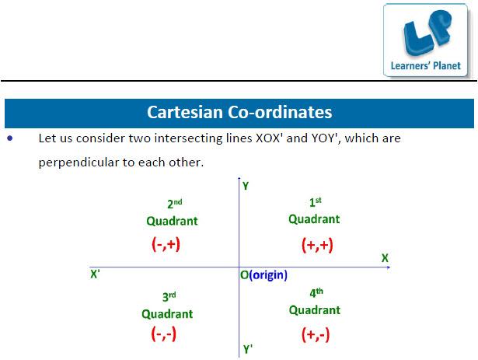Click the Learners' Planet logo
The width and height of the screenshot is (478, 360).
[x=426, y=40]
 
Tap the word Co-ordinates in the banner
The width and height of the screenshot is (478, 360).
[x=280, y=112]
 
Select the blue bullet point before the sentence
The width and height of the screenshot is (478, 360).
[x=10, y=138]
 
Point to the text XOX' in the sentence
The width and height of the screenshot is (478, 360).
[x=267, y=138]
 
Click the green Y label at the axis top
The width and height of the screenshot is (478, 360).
[x=246, y=186]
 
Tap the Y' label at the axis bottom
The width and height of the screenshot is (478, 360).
[x=248, y=349]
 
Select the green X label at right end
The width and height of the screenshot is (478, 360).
[x=385, y=258]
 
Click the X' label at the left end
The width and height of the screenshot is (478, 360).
[x=95, y=274]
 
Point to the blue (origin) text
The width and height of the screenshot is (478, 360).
[x=268, y=275]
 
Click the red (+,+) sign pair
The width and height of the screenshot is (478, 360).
[x=317, y=245]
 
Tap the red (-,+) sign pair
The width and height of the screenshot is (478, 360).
[x=166, y=244]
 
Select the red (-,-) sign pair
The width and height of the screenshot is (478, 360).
[x=164, y=334]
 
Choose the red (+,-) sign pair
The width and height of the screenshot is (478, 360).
[x=316, y=334]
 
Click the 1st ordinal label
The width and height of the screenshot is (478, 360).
[x=316, y=202]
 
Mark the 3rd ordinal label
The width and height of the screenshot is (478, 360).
[x=169, y=296]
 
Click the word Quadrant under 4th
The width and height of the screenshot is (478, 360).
[x=314, y=310]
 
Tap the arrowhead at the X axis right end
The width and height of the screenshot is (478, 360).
[x=389, y=267]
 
